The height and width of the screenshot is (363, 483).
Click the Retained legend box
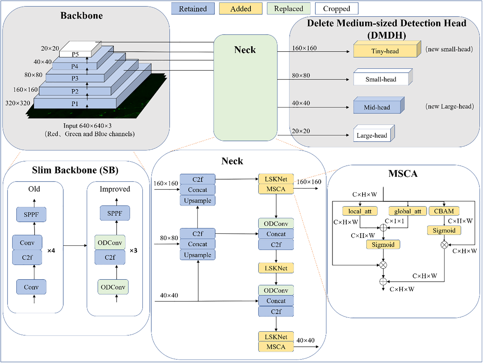[x=193, y=9]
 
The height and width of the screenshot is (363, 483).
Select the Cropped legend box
[x=336, y=9]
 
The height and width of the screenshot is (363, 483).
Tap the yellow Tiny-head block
[x=385, y=51]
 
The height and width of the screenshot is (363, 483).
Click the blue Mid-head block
[x=377, y=107]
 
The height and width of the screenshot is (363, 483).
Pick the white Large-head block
[x=372, y=135]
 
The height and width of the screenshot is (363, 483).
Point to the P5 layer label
[x=75, y=54]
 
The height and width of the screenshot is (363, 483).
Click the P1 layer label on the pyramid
[x=75, y=104]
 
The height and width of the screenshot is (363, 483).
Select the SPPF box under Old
[x=31, y=214]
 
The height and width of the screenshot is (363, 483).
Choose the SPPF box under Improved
[x=114, y=213]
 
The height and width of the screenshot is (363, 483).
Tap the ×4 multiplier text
[x=51, y=251]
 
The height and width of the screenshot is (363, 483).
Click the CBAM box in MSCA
[x=444, y=211]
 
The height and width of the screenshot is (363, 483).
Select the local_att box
[x=360, y=211]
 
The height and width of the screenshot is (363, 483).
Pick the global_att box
[x=407, y=211]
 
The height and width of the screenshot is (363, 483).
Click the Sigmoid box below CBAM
[x=444, y=230]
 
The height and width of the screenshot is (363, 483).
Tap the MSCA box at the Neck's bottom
[x=276, y=347]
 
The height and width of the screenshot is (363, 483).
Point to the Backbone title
[x=81, y=16]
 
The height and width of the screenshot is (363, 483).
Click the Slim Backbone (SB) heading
[x=75, y=170]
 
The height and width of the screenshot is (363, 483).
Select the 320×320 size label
[x=18, y=103]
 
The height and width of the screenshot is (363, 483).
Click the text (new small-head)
[x=449, y=49]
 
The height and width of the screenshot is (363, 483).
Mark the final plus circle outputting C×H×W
[x=383, y=281]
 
